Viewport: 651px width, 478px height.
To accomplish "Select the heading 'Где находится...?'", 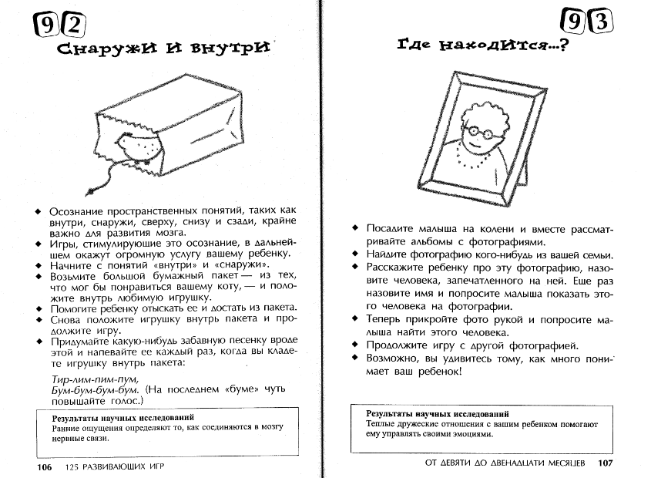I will point(482,46).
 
